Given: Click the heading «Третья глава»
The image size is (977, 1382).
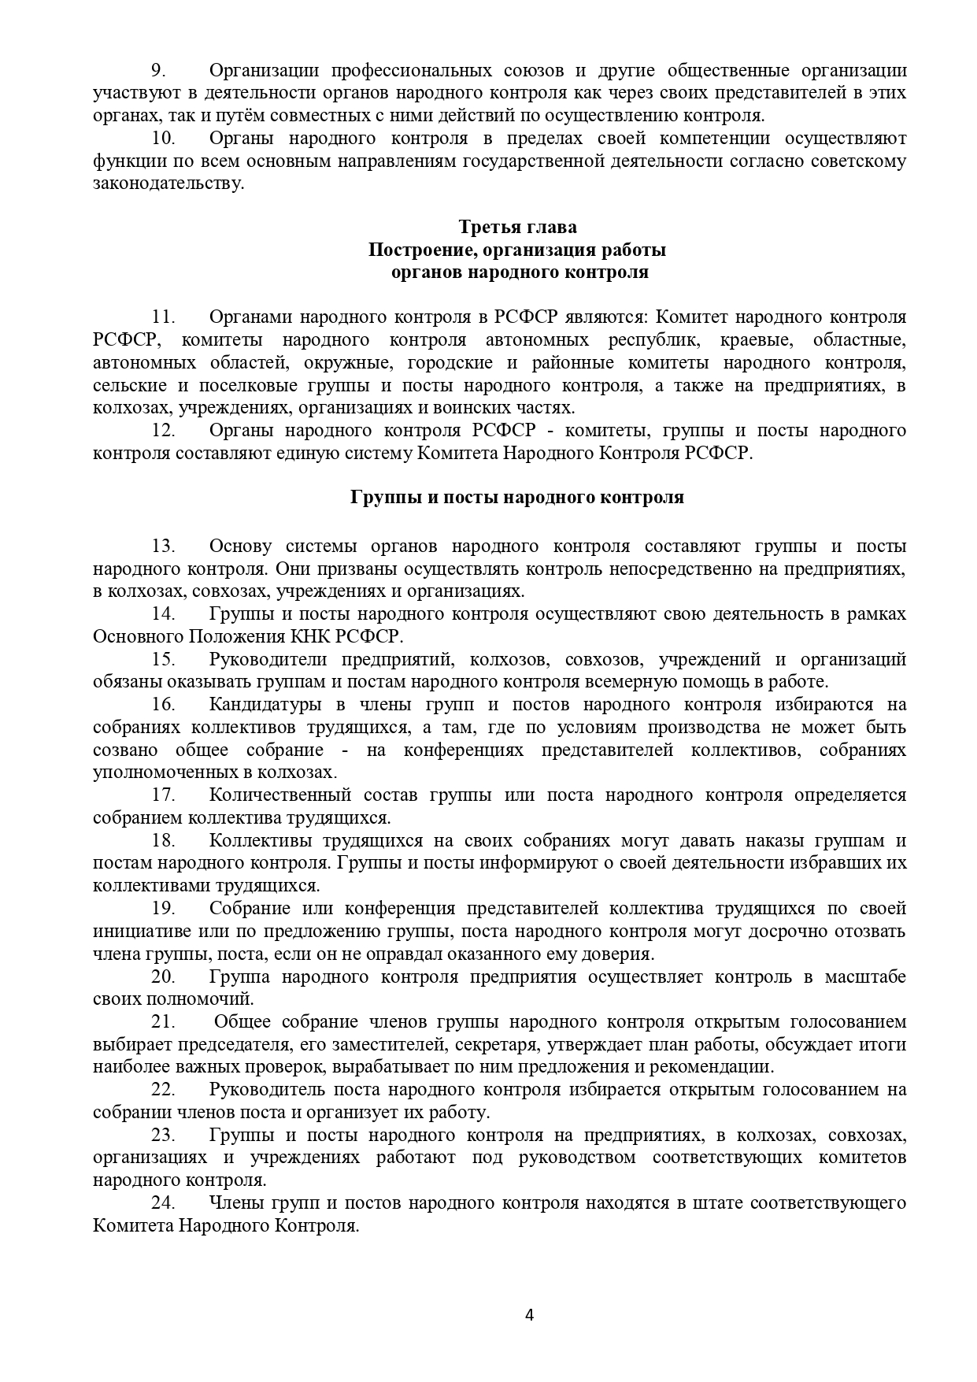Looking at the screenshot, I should click(517, 228).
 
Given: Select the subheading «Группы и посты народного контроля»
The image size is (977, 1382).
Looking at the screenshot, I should click(517, 498).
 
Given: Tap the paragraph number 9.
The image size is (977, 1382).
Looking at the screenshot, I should click(157, 70).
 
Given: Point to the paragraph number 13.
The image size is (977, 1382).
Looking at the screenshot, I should click(162, 547).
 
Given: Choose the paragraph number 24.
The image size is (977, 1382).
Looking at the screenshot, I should click(162, 1203).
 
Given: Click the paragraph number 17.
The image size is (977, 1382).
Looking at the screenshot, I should click(162, 795).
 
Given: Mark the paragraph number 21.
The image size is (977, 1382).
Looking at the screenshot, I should click(162, 1022).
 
